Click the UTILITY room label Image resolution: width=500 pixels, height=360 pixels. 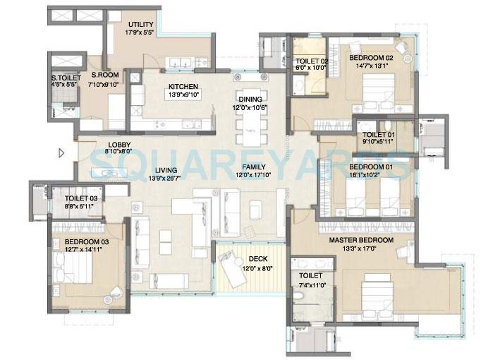139,24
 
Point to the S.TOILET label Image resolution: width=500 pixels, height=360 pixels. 63,78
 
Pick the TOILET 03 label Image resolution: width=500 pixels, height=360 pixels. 80,199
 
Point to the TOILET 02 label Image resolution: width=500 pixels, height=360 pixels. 311,61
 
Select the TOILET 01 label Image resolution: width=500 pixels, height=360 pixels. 379,134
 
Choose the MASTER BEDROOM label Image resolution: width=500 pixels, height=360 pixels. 360,239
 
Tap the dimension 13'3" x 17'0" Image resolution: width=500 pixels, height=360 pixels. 360,248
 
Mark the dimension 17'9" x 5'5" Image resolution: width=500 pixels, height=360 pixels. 139,32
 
